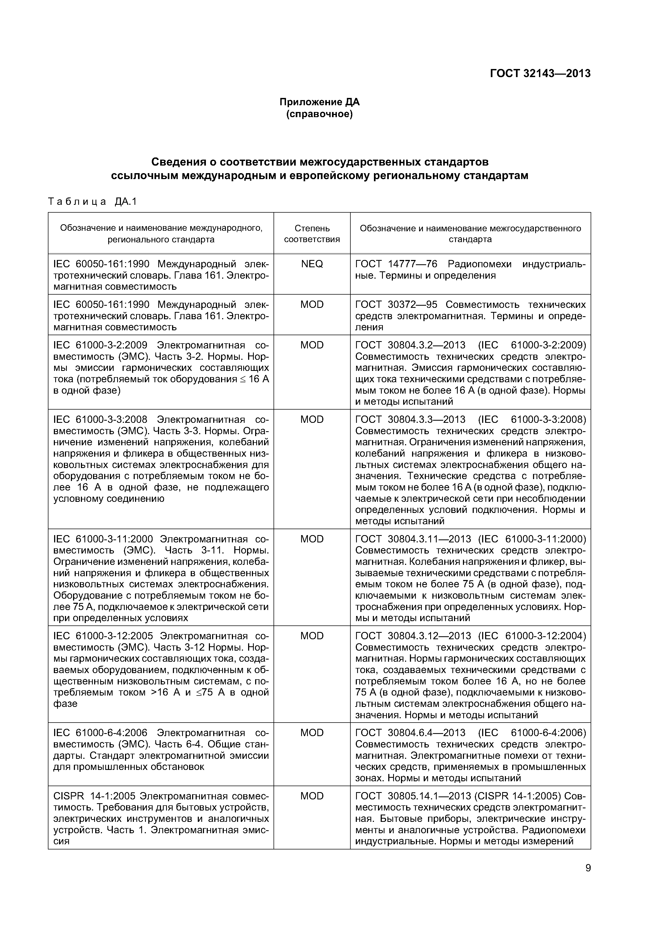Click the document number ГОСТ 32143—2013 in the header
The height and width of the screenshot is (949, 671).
540,74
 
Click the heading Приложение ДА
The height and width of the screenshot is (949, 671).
320,102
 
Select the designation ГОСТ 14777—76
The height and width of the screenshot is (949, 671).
396,264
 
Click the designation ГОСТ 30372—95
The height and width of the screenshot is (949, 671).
396,305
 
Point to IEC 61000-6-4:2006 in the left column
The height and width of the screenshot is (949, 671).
100,733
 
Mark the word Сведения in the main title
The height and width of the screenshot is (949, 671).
182,161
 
